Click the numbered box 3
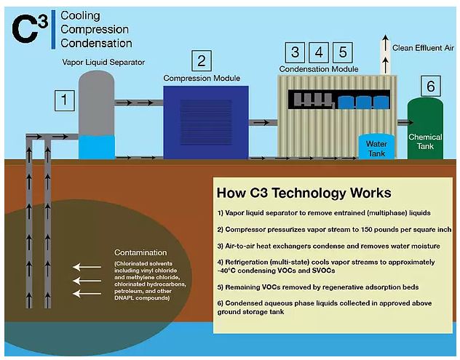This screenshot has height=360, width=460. [294, 52]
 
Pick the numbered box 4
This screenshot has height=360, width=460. [319, 52]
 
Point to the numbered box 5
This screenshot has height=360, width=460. [344, 52]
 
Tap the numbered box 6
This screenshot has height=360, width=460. [430, 87]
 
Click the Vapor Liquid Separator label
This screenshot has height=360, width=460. [103, 63]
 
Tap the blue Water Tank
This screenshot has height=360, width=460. [376, 146]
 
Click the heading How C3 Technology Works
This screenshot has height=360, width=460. [304, 193]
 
